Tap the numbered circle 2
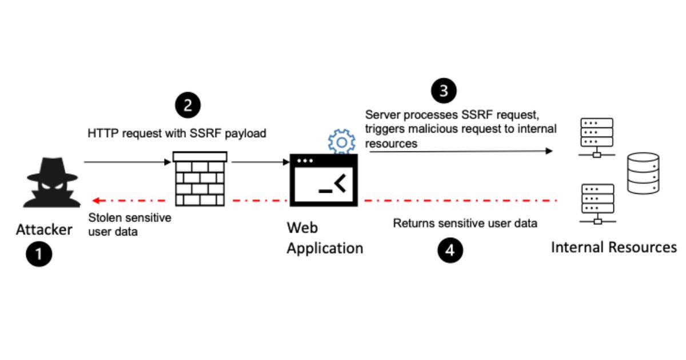point(188,107)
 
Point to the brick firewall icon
point(200,179)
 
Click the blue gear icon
point(341,142)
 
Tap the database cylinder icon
point(642,173)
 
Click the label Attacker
point(45,230)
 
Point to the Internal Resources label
point(614,247)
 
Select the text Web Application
point(324,238)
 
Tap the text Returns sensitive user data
point(465,223)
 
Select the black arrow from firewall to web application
point(261,163)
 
